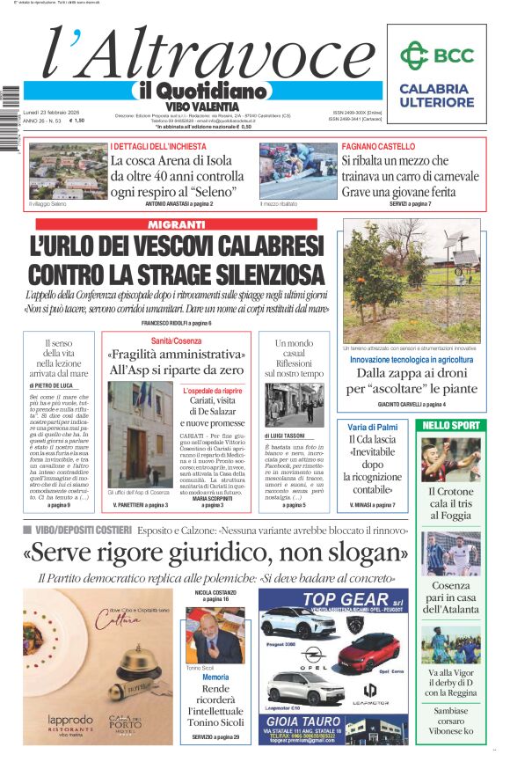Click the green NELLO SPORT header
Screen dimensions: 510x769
451,425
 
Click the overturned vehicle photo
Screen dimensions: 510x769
297,172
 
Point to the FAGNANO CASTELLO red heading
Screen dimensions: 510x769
378,146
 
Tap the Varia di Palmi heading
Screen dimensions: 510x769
373,427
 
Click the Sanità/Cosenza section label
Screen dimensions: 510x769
177,341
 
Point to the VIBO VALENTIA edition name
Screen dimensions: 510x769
200,105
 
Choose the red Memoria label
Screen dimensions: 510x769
215,677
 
